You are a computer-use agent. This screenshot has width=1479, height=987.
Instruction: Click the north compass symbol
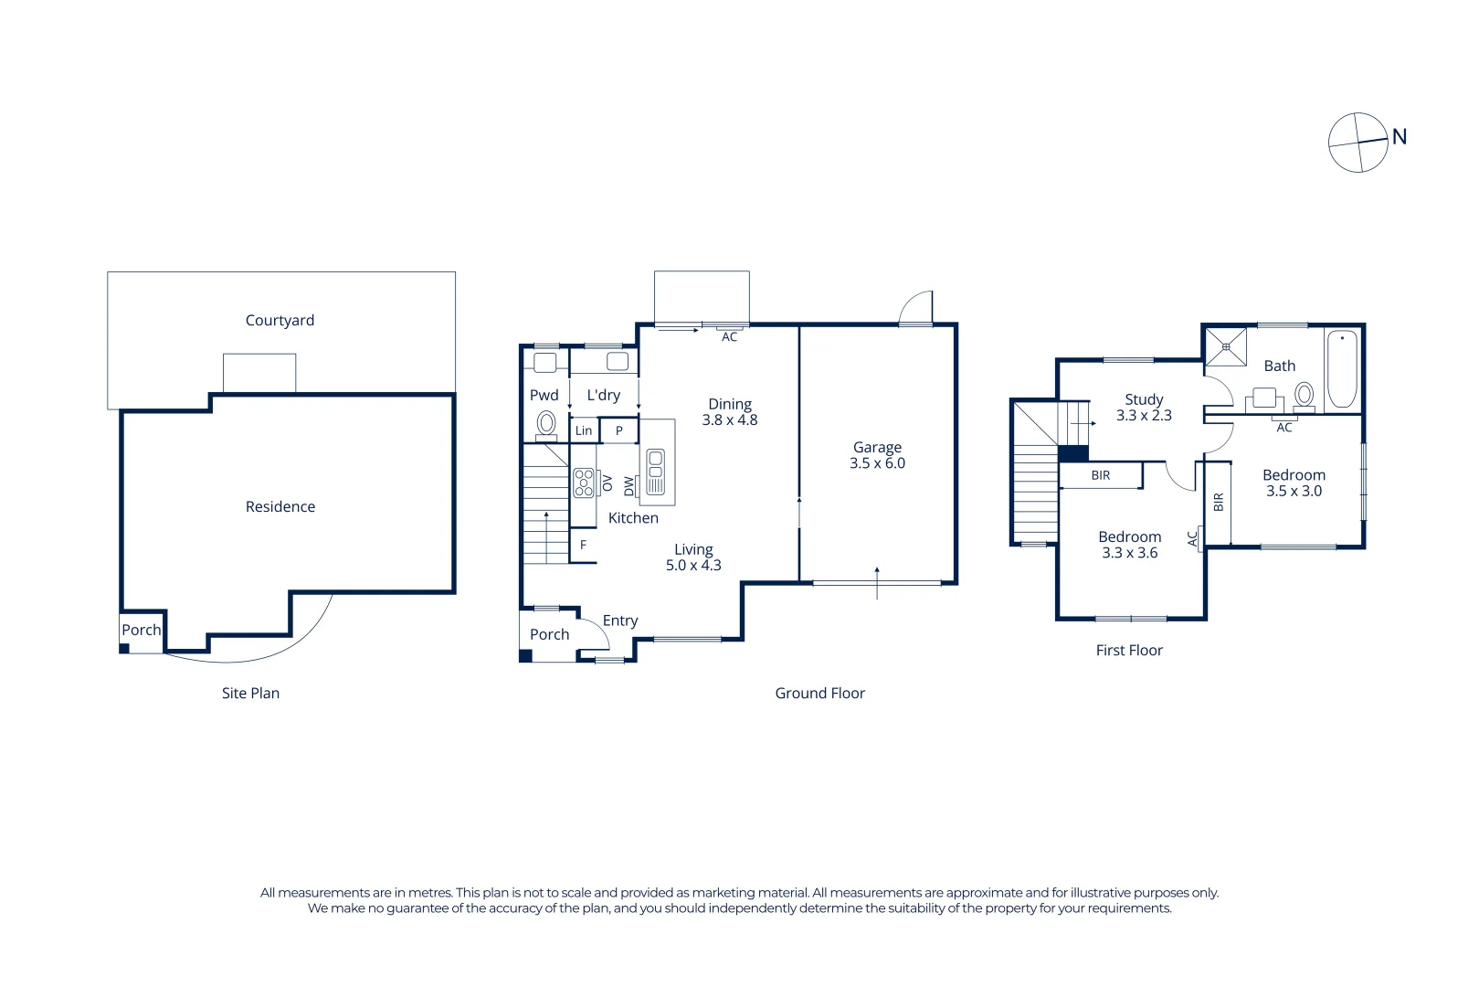coord(1358,143)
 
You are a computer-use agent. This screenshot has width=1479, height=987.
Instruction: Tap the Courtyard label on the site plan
coord(280,320)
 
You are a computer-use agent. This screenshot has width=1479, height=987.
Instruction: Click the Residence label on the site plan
coord(280,506)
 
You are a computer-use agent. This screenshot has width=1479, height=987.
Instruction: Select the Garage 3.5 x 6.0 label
coord(877,455)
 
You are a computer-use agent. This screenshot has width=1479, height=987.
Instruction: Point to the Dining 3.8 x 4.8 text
coord(729,411)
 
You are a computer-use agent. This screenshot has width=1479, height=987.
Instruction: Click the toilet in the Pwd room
coord(546,423)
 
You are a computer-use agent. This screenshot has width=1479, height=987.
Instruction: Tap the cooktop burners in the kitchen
coord(583,483)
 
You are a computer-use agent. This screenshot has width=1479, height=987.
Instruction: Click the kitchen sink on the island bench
coord(655,472)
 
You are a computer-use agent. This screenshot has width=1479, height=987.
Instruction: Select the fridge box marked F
coord(583,545)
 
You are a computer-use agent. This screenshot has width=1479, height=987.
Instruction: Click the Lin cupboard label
coord(584,430)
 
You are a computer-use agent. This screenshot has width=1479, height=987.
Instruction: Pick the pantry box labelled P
coord(618,430)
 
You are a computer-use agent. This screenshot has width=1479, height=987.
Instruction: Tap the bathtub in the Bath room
coord(1341,368)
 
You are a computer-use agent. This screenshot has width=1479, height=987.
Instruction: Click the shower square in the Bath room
coord(1225,346)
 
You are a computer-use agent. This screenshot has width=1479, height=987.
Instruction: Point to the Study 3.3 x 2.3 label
coord(1144,407)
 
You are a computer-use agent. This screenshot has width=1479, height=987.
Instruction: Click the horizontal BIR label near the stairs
coord(1100,475)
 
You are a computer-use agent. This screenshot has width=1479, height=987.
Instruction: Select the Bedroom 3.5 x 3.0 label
coord(1294,483)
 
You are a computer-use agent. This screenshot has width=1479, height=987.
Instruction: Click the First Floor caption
coord(1129,650)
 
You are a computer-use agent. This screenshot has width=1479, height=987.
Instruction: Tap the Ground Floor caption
coord(819,693)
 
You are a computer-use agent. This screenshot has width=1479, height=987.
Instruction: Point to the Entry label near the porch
coord(619,621)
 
